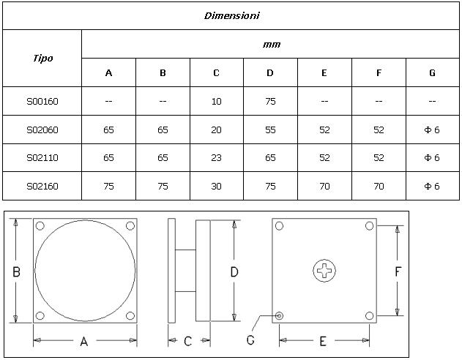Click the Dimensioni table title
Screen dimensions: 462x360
click(232, 15)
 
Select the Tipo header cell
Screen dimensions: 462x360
click(43, 59)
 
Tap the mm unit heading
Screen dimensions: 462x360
click(272, 45)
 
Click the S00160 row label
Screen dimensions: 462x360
click(42, 102)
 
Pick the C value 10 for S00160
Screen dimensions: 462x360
click(216, 102)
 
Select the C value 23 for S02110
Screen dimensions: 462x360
click(216, 158)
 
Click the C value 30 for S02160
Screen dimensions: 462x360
click(216, 187)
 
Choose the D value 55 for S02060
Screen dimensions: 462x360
click(270, 130)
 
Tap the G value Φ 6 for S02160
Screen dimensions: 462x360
click(432, 187)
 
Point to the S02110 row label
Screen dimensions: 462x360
click(42, 158)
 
